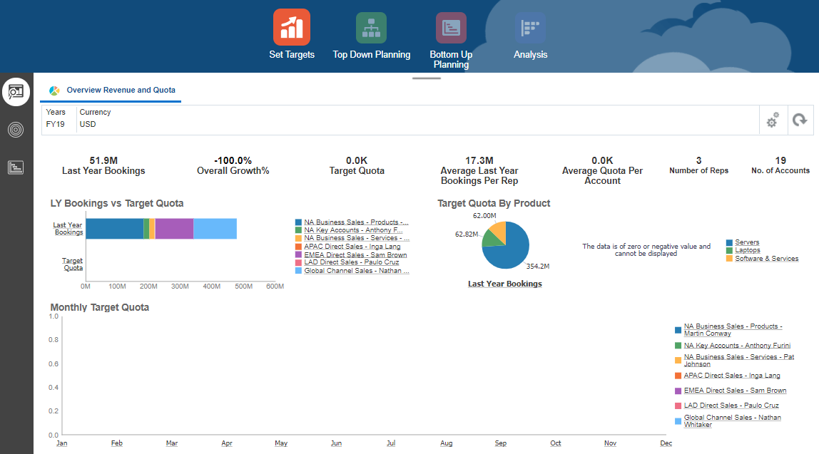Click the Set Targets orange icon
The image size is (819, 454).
point(291,27)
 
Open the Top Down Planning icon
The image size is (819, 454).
point(371,27)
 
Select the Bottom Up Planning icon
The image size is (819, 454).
point(451,27)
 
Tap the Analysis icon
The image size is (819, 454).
point(530,27)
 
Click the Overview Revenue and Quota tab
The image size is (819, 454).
point(121,91)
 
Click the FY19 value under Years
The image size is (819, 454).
point(56,124)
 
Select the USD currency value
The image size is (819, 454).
point(88,124)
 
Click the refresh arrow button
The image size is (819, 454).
point(800,121)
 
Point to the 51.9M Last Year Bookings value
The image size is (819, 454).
point(103,160)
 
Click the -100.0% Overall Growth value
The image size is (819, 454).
point(233,160)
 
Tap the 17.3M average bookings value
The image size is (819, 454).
point(479,160)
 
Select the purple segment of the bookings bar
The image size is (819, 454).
point(174,229)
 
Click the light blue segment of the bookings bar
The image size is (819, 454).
point(215,229)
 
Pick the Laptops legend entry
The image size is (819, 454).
point(748,250)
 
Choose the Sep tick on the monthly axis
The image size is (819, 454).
point(501,443)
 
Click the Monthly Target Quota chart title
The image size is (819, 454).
point(100,307)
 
